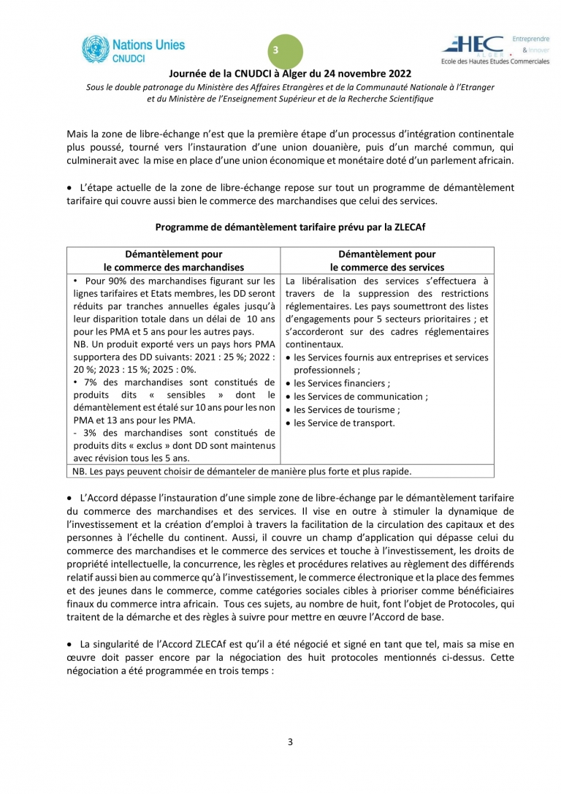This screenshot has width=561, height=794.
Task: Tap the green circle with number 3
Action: click(275, 50)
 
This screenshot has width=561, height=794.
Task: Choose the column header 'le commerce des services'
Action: click(387, 267)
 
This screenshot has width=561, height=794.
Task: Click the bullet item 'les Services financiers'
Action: click(341, 383)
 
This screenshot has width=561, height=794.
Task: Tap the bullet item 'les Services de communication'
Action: click(360, 396)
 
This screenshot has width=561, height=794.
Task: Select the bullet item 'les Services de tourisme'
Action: click(346, 409)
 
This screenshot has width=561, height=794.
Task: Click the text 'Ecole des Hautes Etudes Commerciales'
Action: click(494, 61)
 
